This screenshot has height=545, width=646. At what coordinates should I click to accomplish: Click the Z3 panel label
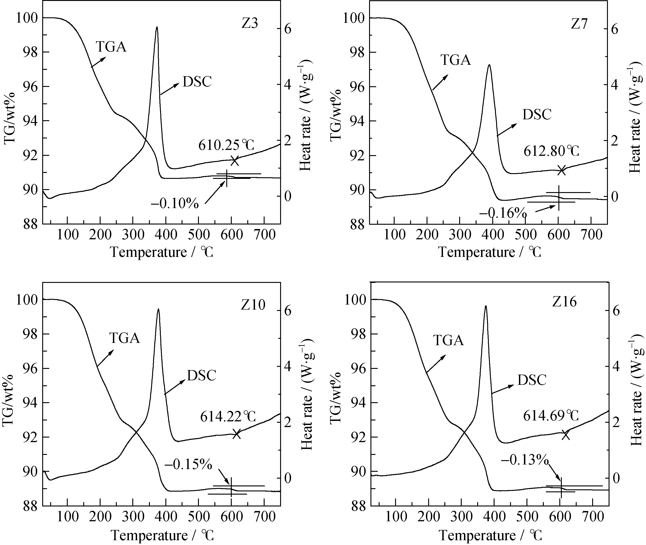(x=249, y=24)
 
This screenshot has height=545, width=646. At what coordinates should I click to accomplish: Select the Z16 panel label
(x=564, y=302)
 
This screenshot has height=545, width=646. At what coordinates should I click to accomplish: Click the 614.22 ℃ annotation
(x=228, y=417)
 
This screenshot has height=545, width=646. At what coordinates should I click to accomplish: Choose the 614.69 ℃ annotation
(x=551, y=416)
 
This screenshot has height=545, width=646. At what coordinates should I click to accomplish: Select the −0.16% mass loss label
(x=503, y=213)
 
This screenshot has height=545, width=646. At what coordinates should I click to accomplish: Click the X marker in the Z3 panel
(x=235, y=161)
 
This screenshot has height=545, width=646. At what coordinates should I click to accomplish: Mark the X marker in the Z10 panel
(x=237, y=434)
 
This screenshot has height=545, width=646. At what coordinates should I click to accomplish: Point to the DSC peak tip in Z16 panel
(x=486, y=306)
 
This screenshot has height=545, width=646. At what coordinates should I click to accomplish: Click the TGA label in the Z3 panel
(x=111, y=47)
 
